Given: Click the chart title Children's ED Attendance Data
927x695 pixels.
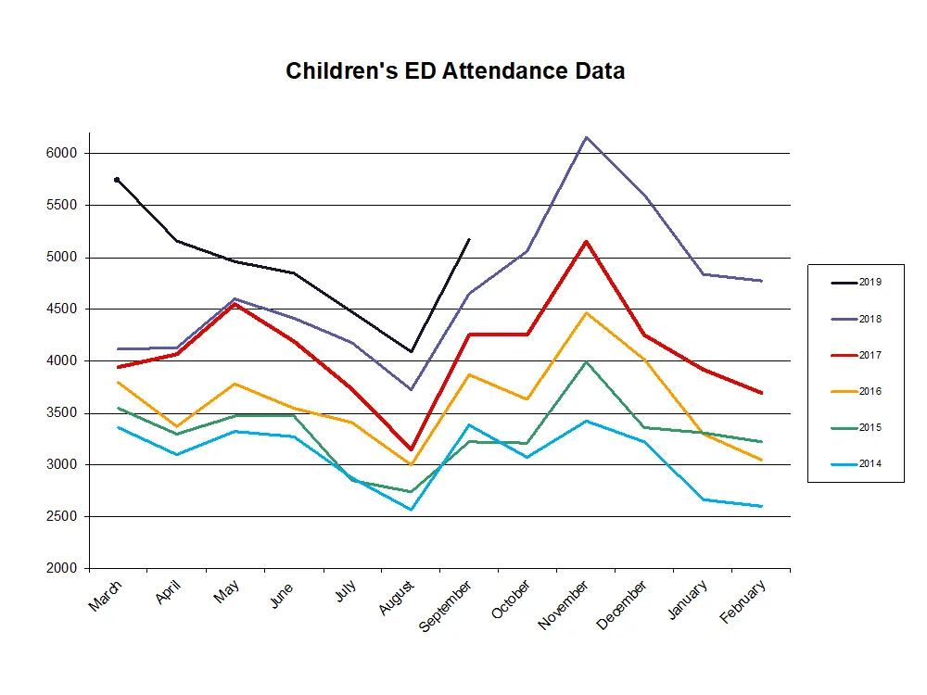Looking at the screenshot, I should [x=455, y=70].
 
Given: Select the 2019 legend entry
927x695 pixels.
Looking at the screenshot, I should [x=869, y=283].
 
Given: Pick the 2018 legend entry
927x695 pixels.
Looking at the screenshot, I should [x=869, y=319].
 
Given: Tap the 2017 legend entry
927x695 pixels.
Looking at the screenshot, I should [x=869, y=355].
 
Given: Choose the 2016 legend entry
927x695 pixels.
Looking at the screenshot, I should [x=869, y=391].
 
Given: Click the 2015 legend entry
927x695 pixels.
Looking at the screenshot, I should [x=869, y=427].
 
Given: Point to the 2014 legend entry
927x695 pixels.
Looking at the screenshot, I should [x=869, y=463].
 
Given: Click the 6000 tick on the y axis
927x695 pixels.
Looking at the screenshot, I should [x=62, y=153].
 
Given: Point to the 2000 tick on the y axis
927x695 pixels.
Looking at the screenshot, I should [x=62, y=568].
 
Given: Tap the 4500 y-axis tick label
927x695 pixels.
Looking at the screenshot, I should [x=62, y=309].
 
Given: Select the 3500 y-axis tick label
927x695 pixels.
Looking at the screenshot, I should [x=62, y=412].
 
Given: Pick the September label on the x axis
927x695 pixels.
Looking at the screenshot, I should [x=447, y=606].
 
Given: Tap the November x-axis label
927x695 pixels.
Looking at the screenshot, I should [x=563, y=604].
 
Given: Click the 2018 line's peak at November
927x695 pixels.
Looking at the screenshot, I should [x=586, y=137].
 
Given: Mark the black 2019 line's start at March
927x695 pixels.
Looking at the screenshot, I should [x=118, y=180].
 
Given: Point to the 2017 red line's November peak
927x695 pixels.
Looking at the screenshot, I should [x=586, y=241].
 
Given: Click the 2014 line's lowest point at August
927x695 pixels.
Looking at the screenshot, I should [x=411, y=510].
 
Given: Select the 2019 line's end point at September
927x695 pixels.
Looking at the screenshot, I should [x=469, y=239].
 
